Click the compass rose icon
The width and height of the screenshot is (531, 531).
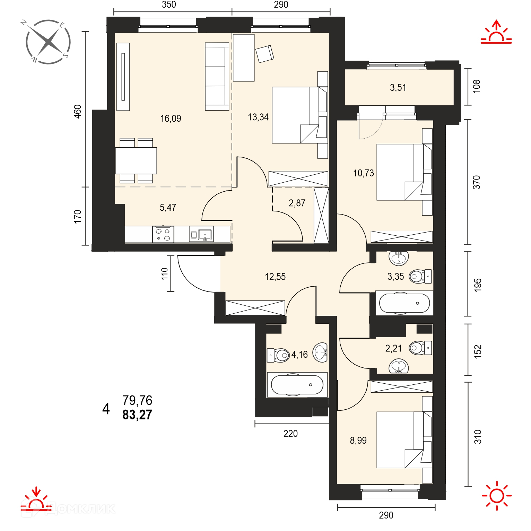pyautogui.click(x=48, y=42)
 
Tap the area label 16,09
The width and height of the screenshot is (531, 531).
pyautogui.click(x=171, y=119)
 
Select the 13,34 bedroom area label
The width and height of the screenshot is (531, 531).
pyautogui.click(x=258, y=117)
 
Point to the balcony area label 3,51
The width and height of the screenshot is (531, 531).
pyautogui.click(x=398, y=87)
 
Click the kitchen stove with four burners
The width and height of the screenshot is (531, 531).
pyautogui.click(x=163, y=234)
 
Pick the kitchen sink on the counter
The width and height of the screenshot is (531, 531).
pyautogui.click(x=201, y=234)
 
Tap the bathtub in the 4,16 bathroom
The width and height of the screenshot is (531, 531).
pyautogui.click(x=297, y=385)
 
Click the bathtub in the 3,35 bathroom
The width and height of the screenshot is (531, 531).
pyautogui.click(x=404, y=303)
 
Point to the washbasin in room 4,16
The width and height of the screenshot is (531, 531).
pyautogui.click(x=320, y=353)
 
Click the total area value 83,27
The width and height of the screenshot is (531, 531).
pyautogui.click(x=137, y=415)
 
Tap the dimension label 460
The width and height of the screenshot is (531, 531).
pyautogui.click(x=78, y=112)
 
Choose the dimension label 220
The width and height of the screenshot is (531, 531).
pyautogui.click(x=290, y=434)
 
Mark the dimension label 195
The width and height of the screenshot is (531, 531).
pyautogui.click(x=478, y=285)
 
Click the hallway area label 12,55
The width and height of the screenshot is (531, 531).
pyautogui.click(x=275, y=277)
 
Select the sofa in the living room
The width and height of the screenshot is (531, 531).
pyautogui.click(x=217, y=77)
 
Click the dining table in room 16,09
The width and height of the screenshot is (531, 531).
pyautogui.click(x=136, y=160)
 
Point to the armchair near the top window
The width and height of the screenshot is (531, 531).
pyautogui.click(x=265, y=54)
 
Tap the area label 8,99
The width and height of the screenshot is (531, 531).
pyautogui.click(x=358, y=441)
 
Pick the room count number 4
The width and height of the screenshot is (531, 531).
pyautogui.click(x=106, y=409)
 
